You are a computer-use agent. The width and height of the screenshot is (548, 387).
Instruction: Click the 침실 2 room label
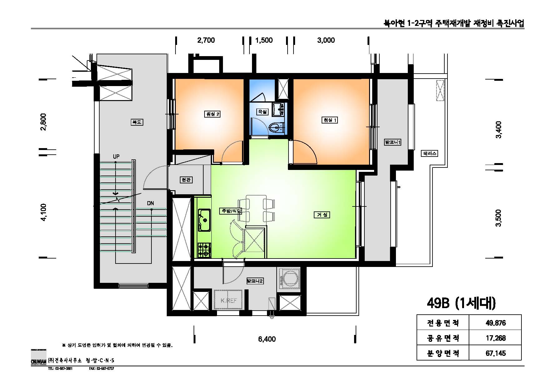tap(212, 114)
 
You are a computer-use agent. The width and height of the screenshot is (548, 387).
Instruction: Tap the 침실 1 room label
tap(330, 120)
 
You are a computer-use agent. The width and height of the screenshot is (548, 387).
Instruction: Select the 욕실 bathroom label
tap(262, 112)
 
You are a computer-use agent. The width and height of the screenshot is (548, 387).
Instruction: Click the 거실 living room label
tap(322, 215)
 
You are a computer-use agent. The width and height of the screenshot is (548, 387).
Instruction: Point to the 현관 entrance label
tap(186, 180)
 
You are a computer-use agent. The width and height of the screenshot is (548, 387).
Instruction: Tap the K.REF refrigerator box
tap(229, 300)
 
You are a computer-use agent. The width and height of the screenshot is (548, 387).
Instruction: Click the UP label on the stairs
tap(116, 157)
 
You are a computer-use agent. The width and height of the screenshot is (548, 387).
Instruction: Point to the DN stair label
tap(151, 203)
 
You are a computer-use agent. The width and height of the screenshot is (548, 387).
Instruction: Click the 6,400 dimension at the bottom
tap(267, 339)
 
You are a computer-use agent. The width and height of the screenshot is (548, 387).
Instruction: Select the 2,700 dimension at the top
tap(206, 40)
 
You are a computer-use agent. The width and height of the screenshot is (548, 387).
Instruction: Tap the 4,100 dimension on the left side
tap(43, 212)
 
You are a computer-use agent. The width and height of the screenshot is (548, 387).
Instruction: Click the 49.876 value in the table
tap(496, 323)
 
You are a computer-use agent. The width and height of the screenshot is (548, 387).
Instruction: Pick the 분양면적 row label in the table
tap(443, 353)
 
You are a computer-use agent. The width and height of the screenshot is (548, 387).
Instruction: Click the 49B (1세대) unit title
tap(461, 303)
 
